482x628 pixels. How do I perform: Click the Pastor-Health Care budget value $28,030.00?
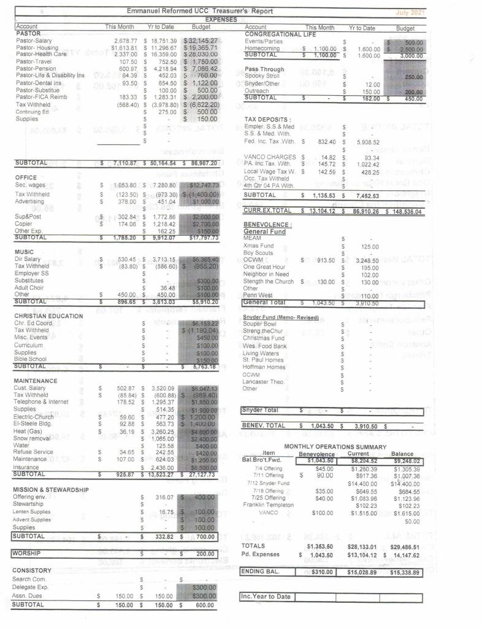coord(201,53)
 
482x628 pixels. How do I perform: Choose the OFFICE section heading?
coord(25,177)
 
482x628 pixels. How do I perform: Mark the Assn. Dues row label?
coord(30,595)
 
